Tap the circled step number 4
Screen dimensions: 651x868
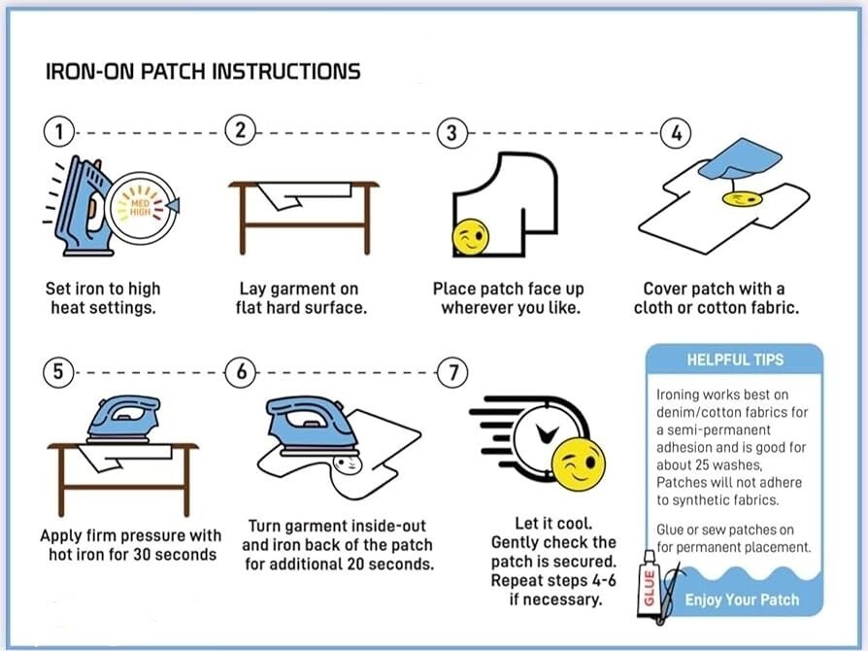(676, 133)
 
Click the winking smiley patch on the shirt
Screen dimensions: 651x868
(471, 238)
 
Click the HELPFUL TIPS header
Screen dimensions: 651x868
(734, 360)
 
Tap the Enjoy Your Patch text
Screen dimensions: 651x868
(741, 600)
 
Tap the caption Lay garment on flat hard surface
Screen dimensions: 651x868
(298, 298)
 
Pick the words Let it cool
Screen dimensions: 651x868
(553, 523)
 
